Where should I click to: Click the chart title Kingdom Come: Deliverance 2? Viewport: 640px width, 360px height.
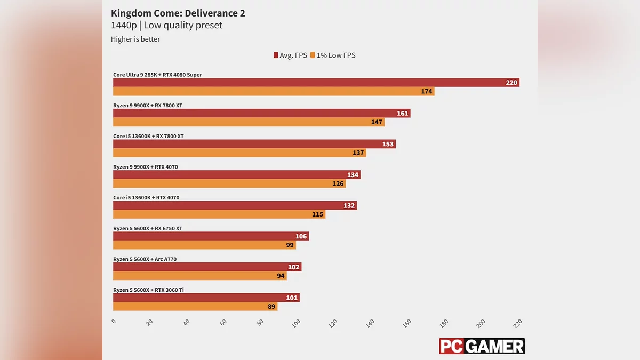coord(178,13)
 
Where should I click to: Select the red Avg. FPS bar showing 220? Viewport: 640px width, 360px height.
coord(316,83)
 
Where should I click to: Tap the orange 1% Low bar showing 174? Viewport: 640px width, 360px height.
coord(274,91)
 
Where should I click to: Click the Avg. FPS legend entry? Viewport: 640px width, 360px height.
coord(290,55)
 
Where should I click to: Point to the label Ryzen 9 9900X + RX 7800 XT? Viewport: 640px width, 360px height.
coord(148,106)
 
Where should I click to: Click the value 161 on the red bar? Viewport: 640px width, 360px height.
coord(402,114)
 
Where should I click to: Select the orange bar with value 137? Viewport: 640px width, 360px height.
coord(239,153)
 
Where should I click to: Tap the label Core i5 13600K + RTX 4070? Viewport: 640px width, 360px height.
coord(146,198)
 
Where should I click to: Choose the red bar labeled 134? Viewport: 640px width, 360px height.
coord(236,175)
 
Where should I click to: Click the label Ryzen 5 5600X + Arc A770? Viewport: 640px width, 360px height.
coord(145,259)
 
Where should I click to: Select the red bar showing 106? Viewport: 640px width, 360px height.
coord(211,236)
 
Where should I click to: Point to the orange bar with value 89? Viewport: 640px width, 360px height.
coord(195,307)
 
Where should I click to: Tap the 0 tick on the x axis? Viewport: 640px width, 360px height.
coord(114,322)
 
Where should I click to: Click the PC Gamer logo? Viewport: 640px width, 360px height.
coord(482,346)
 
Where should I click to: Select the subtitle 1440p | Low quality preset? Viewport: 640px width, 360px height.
coord(166,26)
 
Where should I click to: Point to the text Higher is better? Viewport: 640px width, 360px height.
coord(135,39)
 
